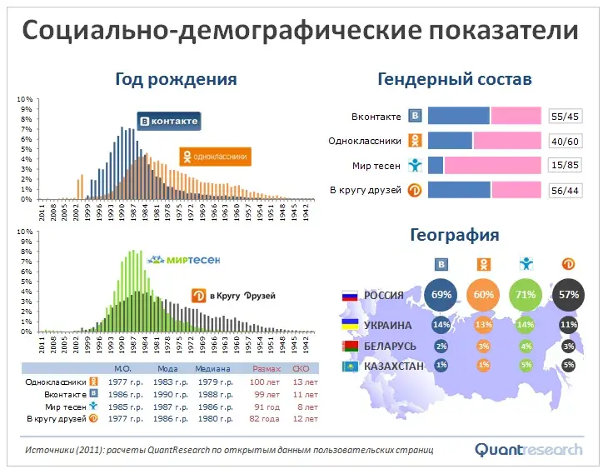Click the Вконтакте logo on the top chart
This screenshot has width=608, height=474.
pos(169,122)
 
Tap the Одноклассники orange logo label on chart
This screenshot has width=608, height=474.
pos(215,156)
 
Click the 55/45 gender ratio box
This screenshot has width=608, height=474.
pos(566,117)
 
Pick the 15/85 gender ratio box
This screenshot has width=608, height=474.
pos(566,166)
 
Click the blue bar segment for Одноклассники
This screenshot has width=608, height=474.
pos(450,141)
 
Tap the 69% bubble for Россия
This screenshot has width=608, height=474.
pos(441,295)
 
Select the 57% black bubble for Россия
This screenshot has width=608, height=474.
pos(569,295)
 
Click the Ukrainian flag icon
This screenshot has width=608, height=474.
pos(350,325)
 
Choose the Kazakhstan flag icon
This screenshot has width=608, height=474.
pos(350,366)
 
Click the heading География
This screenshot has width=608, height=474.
pos(455,235)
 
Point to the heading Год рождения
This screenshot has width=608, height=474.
pos(176,79)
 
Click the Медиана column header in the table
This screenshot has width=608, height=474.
pos(213,368)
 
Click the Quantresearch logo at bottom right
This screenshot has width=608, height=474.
pos(529,450)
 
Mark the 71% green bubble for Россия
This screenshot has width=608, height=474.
pos(526,295)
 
